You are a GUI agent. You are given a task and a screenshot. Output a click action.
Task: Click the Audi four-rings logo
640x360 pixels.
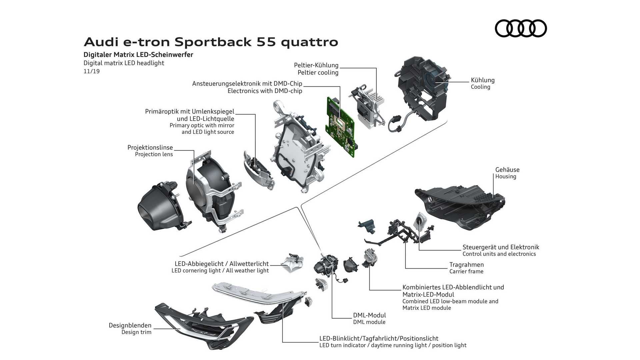pyautogui.click(x=521, y=28)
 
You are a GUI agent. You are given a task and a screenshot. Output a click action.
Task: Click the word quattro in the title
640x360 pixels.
pyautogui.click(x=309, y=42)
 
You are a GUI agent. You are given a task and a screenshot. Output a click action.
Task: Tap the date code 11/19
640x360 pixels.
pyautogui.click(x=91, y=71)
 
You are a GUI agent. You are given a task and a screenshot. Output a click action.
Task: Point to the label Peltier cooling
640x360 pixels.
pyautogui.click(x=318, y=73)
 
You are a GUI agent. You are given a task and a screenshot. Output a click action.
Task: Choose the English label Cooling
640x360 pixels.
pyautogui.click(x=480, y=87)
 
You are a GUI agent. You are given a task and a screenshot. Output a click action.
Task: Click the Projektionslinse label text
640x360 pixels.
pyautogui.click(x=150, y=147)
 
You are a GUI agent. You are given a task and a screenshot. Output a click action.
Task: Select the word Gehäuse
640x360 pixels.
pyautogui.click(x=507, y=170)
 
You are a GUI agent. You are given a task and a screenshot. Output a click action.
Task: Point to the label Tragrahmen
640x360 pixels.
pyautogui.click(x=466, y=265)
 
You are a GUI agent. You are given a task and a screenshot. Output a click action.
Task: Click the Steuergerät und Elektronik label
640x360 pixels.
pyautogui.click(x=500, y=247)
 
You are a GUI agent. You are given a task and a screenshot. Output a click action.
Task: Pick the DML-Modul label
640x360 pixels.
pyautogui.click(x=369, y=315)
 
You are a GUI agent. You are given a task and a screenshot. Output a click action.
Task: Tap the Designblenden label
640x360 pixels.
pyautogui.click(x=130, y=325)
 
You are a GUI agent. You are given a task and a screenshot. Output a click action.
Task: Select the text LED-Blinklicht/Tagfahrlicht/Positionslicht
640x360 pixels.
pyautogui.click(x=379, y=339)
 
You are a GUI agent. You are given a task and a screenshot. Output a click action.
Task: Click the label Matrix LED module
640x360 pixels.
pyautogui.click(x=426, y=308)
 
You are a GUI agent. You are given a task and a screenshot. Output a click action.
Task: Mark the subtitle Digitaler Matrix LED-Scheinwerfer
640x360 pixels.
pyautogui.click(x=138, y=55)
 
